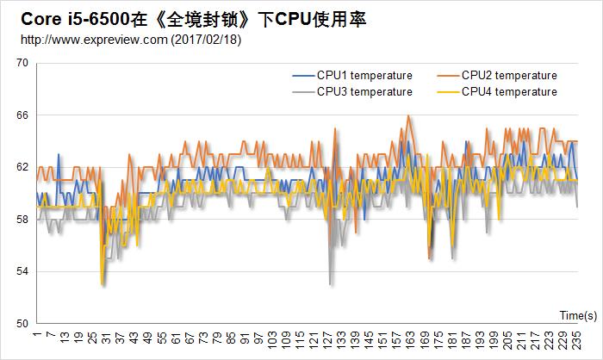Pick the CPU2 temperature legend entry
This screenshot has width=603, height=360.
pos(509,76)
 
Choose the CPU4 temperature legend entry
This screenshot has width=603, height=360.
pos(509,92)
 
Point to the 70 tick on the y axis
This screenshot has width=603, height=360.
pos(22,63)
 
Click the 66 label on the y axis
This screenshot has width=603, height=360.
pos(22,115)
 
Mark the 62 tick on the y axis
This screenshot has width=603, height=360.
pos(22,167)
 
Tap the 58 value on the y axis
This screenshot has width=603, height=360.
pos(22,220)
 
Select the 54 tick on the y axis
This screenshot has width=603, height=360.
pos(22,271)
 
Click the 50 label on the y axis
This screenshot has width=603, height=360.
pos(22,324)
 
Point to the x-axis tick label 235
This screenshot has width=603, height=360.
pos(578,340)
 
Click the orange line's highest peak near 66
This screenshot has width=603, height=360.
pos(408,115)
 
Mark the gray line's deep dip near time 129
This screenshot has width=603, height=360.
pos(330,283)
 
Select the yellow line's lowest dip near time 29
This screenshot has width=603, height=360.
pos(102,283)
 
